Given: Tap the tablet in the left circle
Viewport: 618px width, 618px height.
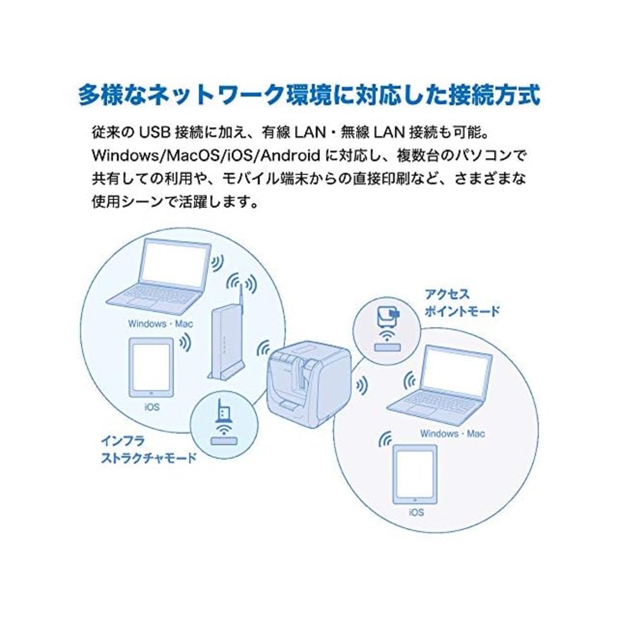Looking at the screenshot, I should [152, 367].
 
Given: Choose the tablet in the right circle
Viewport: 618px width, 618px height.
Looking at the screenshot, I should [415, 475].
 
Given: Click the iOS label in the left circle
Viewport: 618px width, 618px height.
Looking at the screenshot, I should [152, 407].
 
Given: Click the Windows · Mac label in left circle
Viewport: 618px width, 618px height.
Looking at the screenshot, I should [160, 323].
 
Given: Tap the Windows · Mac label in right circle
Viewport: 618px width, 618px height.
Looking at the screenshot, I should [452, 434].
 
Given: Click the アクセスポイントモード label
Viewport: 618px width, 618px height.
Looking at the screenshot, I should [462, 303].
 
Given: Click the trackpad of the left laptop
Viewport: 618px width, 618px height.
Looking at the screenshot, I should [145, 304].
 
